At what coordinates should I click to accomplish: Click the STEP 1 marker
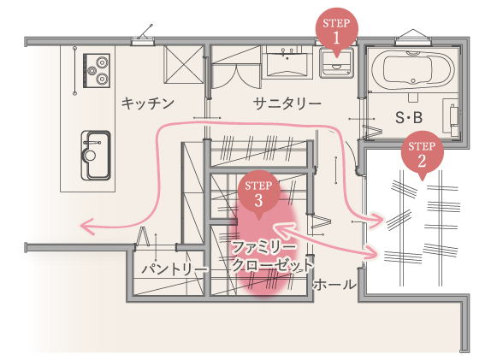click(337, 32)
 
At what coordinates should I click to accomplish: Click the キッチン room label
click(148, 103)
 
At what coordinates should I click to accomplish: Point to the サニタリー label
click(287, 103)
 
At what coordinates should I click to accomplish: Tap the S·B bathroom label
click(409, 117)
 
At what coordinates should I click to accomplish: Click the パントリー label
click(174, 269)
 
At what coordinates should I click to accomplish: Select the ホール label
click(334, 285)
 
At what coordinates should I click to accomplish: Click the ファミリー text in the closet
click(264, 247)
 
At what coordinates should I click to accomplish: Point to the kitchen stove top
click(97, 71)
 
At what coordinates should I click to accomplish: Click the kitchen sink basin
click(96, 156)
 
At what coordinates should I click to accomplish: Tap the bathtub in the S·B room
click(413, 69)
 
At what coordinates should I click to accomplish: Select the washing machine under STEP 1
click(337, 62)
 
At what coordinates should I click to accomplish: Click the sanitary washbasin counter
click(287, 62)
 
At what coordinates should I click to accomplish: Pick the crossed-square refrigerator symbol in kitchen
click(184, 65)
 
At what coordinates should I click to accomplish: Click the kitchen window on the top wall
click(143, 40)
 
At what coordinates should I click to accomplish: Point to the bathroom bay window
click(413, 37)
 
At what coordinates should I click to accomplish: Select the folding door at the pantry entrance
click(142, 236)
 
